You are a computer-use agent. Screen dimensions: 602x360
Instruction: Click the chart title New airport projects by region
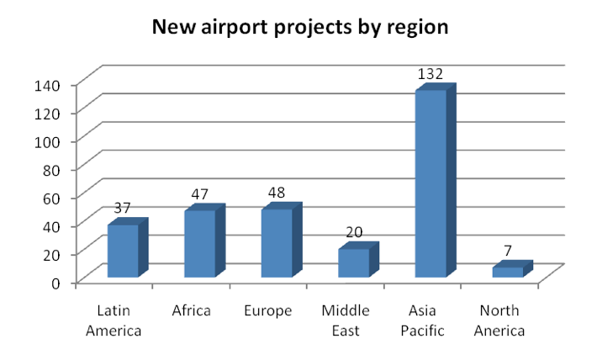click(x=300, y=28)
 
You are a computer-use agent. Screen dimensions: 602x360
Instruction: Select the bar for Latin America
click(x=128, y=247)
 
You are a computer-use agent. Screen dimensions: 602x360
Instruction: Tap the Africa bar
click(x=204, y=241)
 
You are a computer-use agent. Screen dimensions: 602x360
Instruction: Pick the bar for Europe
click(x=282, y=240)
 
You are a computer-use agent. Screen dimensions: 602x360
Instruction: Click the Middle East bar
click(x=358, y=260)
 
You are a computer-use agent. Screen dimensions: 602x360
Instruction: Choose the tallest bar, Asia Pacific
click(x=436, y=180)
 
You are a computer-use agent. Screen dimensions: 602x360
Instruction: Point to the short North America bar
click(x=513, y=269)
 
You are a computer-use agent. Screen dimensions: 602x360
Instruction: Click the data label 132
click(x=430, y=74)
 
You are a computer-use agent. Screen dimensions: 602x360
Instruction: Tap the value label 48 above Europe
click(x=277, y=193)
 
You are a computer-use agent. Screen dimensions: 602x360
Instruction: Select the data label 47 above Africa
click(x=199, y=194)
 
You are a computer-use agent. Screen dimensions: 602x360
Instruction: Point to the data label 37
click(x=123, y=208)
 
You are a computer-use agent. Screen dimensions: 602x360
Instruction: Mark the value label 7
click(x=508, y=251)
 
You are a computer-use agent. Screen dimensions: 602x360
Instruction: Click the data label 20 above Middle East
click(x=354, y=232)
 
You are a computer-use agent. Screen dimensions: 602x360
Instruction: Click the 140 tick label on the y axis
click(x=47, y=86)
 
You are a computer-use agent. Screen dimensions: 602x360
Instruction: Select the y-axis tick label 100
click(x=47, y=142)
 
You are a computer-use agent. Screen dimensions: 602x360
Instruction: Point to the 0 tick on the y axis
click(x=56, y=283)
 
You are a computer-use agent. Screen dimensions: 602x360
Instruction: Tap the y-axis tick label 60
click(x=51, y=199)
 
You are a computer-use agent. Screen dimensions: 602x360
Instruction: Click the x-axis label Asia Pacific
click(x=422, y=320)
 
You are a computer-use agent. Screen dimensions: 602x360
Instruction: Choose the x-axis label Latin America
click(x=114, y=320)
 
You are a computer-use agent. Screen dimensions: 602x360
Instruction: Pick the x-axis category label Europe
click(x=268, y=311)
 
